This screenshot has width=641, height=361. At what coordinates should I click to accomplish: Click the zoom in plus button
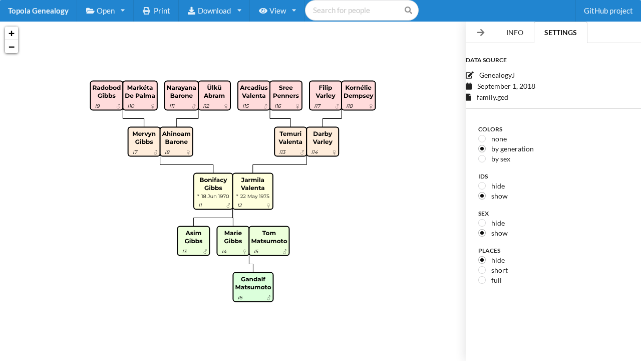[x=12, y=34]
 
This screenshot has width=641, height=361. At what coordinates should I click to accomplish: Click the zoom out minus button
[x=12, y=47]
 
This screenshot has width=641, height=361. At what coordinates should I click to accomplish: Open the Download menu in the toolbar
[x=214, y=11]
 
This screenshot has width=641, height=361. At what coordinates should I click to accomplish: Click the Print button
[x=156, y=11]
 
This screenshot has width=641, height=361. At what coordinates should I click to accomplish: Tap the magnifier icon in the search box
[x=408, y=11]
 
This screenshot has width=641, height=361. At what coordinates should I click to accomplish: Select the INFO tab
[x=514, y=33]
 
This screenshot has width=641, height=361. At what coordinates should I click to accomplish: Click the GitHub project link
[x=608, y=11]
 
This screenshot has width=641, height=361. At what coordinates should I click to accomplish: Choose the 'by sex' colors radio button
[x=482, y=159]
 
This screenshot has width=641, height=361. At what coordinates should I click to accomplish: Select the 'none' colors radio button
[x=482, y=139]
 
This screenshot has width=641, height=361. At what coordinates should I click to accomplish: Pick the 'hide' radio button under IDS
[x=482, y=186]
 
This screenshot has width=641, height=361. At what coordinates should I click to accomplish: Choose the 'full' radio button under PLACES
[x=482, y=280]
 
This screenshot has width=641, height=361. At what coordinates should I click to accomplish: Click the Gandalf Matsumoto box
[x=253, y=287]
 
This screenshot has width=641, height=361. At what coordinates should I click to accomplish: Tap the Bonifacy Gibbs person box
[x=213, y=191]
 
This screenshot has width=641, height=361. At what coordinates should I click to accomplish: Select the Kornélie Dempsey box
[x=358, y=95]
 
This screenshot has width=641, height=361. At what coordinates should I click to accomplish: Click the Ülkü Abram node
[x=214, y=95]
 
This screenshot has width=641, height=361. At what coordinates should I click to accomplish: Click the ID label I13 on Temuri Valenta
[x=282, y=152]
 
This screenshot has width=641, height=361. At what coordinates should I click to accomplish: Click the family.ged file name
[x=492, y=97]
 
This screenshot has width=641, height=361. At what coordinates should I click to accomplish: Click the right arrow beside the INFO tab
[x=481, y=33]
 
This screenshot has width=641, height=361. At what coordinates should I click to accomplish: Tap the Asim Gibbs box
[x=193, y=241]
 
